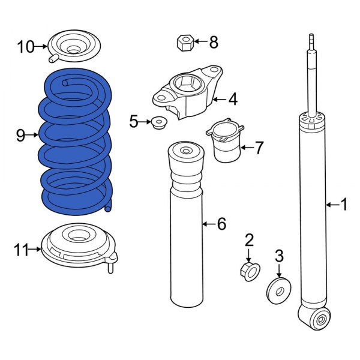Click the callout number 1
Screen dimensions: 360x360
pos(343,206)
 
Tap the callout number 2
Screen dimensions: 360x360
pos(249,241)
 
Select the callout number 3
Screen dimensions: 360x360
pos(278,256)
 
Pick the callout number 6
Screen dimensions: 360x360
pos(221,224)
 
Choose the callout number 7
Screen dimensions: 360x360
pos(259,148)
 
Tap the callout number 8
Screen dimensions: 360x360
pos(214,42)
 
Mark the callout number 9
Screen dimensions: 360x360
pos(20,136)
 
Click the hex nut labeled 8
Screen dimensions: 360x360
pos(184,43)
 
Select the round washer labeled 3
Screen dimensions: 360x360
pos(278,289)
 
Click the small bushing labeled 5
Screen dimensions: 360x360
pos(158,123)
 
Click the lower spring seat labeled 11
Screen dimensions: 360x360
pos(78,246)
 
